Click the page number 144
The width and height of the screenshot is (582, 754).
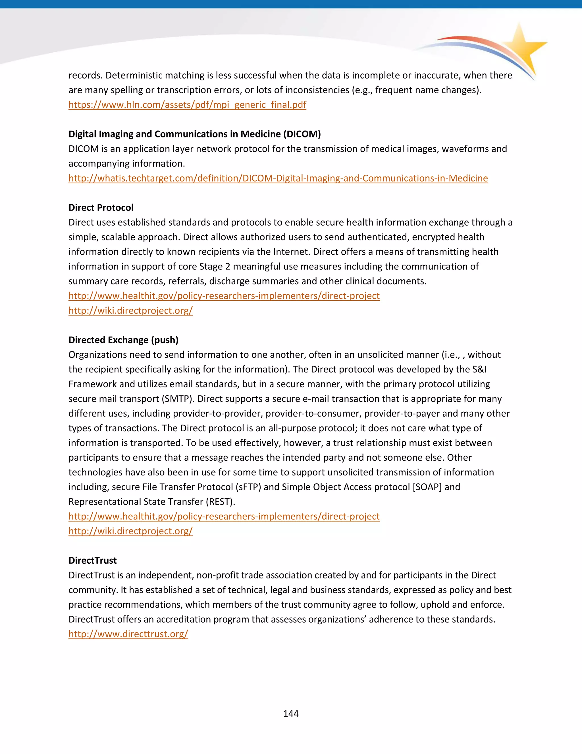(291, 714)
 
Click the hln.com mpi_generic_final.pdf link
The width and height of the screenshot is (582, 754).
(187, 105)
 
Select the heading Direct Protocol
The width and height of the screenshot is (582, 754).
(101, 207)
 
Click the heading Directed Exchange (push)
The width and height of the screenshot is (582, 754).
(123, 340)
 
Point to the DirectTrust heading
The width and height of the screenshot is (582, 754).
(92, 560)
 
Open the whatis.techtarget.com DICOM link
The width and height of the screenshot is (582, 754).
(278, 178)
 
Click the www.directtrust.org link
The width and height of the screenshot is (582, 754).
(128, 634)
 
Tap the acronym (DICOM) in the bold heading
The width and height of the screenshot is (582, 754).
(302, 134)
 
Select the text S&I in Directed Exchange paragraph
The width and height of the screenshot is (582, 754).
(479, 369)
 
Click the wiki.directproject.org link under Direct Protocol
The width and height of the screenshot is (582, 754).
(130, 310)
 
